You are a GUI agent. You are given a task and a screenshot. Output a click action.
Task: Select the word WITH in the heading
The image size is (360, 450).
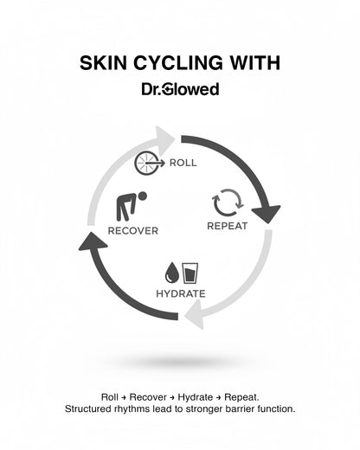[x=253, y=65]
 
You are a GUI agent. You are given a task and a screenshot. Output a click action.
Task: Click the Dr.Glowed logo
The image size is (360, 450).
[x=180, y=88]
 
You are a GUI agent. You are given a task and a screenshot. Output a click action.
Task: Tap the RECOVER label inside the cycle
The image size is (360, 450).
[x=132, y=230]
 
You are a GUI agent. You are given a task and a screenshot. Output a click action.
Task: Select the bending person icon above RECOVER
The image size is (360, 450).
[x=133, y=205]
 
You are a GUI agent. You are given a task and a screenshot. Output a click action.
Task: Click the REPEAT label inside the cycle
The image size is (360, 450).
[x=228, y=226]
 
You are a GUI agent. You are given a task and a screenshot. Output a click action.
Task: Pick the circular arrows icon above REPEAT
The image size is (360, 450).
[x=228, y=203]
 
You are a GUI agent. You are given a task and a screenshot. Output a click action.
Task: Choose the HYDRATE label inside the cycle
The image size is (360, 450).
[x=181, y=293]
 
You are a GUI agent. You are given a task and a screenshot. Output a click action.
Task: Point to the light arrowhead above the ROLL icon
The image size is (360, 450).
[x=164, y=138]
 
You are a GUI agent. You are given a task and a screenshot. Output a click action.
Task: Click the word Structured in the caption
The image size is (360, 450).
[x=91, y=408]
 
